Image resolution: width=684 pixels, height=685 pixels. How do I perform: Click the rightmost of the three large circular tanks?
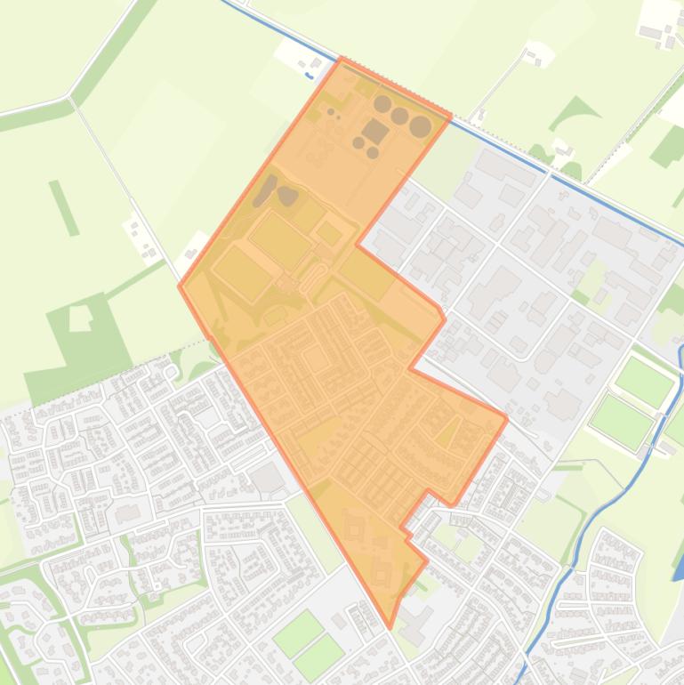421,127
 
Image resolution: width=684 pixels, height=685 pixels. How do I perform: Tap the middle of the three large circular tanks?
400,116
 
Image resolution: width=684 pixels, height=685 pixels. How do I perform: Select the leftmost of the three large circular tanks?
382,104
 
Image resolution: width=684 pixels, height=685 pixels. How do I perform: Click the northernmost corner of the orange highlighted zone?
342,60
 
